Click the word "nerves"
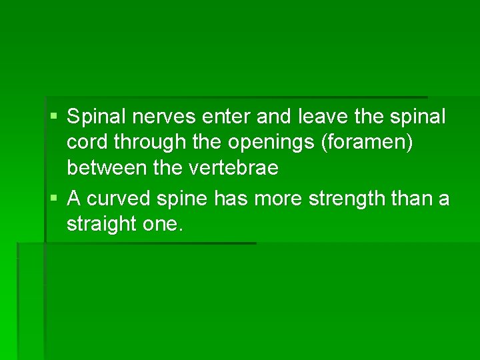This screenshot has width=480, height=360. click(163, 117)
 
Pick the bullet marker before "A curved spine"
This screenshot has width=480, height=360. click(53, 199)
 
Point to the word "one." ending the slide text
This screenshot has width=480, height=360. click(162, 225)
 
